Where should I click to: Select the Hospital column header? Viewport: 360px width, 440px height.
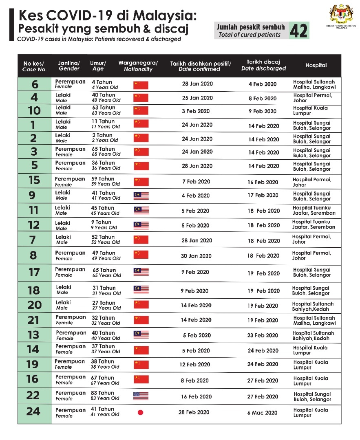point(316,65)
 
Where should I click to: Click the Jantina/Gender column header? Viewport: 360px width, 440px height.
point(69,66)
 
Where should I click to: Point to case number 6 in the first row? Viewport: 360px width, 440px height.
point(35,85)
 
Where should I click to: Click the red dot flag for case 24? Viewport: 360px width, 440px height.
point(141,412)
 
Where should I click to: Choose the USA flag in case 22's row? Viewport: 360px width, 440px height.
point(141,396)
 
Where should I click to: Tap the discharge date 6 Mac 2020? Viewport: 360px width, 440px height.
point(263,412)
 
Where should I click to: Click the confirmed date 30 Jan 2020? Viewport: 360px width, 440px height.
point(196,256)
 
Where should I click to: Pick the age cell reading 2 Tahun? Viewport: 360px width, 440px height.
point(102,135)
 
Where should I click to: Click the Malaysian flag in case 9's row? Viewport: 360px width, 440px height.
point(141,196)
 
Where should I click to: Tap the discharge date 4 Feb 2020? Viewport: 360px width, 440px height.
point(262,84)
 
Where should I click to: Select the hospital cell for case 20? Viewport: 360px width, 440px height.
point(313,306)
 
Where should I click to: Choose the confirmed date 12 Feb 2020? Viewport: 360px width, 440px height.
point(195,364)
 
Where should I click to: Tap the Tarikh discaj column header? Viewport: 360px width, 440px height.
point(263,65)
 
